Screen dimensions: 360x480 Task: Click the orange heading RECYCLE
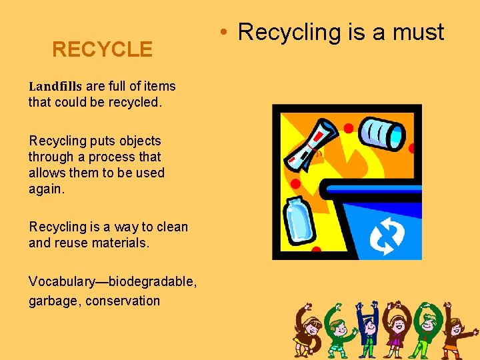(x=102, y=49)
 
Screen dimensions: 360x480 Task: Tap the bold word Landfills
(x=55, y=86)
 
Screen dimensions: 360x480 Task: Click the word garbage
(x=53, y=301)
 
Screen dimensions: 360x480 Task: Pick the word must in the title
(x=419, y=31)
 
